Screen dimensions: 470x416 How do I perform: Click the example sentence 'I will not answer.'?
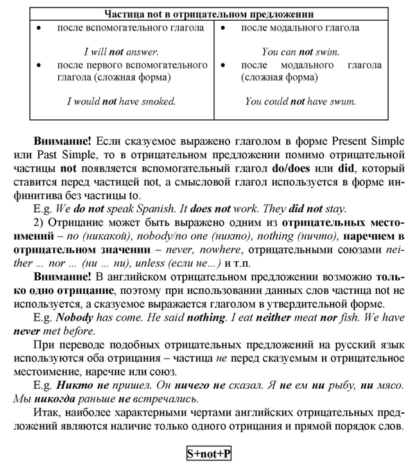coord(121,51)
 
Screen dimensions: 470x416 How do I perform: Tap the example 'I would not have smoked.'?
coord(121,101)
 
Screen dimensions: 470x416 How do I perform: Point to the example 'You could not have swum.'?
coord(300,101)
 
